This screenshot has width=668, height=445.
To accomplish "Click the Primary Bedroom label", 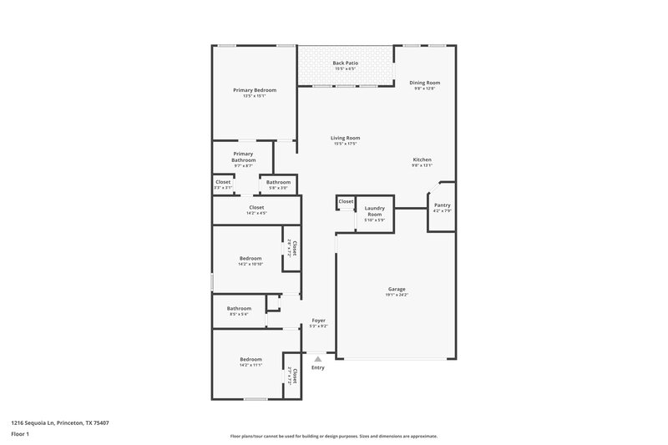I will (x=255, y=90).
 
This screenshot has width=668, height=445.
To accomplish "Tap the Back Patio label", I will (x=345, y=63).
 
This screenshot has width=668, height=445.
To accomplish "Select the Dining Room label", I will (x=424, y=83).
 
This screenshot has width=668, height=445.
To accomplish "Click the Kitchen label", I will (x=422, y=159).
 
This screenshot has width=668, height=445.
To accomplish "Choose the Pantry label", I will (x=442, y=205).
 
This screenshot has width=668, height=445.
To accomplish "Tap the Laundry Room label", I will (x=374, y=210).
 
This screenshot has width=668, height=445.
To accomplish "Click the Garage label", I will (x=397, y=289).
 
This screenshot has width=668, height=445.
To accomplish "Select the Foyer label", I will (x=318, y=321).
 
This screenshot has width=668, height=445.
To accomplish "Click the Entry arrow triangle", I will (x=317, y=358).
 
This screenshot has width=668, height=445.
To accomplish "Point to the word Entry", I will (x=317, y=367).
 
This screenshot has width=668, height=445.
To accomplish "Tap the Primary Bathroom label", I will (x=243, y=157).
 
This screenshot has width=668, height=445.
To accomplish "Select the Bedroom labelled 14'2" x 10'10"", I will (x=250, y=258).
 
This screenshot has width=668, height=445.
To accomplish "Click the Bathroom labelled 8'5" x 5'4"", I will (x=239, y=308).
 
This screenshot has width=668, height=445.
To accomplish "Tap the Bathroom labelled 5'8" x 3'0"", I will (x=278, y=182).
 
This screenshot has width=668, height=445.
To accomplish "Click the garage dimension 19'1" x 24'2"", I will (x=397, y=295).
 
